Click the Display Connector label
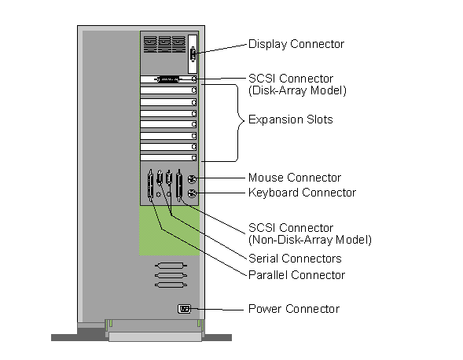(x=296, y=44)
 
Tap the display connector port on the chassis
(x=193, y=54)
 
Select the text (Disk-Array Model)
(x=297, y=90)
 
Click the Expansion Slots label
(x=291, y=119)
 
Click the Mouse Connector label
(x=295, y=178)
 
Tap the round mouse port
(x=192, y=179)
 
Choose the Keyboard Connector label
(x=302, y=193)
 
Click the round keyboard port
(x=192, y=193)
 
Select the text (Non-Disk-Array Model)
(x=310, y=240)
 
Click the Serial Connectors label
(x=295, y=259)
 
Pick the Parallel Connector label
(x=297, y=275)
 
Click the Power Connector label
(x=294, y=309)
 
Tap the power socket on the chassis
(x=184, y=309)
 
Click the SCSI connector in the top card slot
(x=167, y=79)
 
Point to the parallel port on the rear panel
(x=151, y=186)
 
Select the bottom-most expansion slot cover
(x=168, y=158)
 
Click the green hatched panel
(x=169, y=230)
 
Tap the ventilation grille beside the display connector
(x=164, y=45)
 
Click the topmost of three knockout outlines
(x=171, y=266)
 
